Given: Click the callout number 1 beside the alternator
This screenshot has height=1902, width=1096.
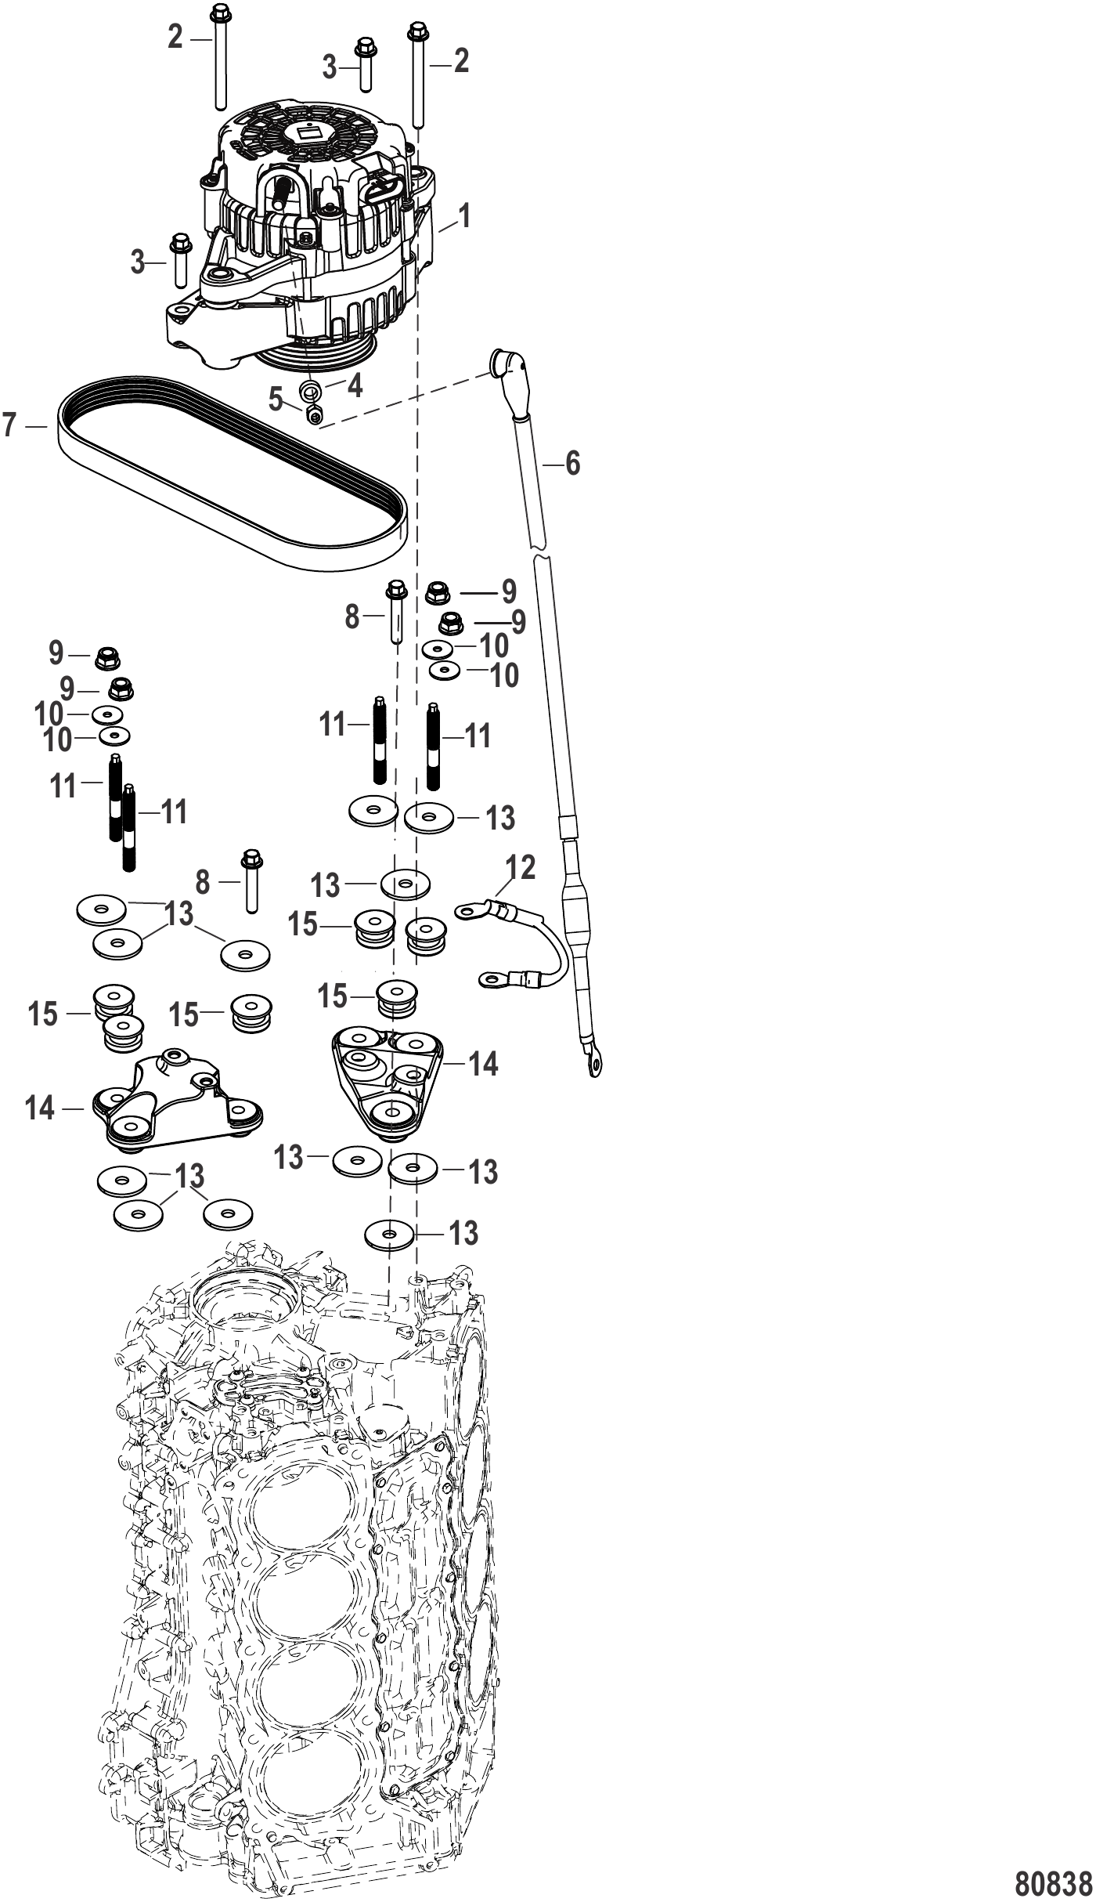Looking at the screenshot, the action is [x=464, y=215].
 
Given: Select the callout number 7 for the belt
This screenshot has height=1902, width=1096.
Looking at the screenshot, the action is [x=9, y=425].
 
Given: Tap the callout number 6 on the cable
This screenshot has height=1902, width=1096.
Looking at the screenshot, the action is [x=573, y=464].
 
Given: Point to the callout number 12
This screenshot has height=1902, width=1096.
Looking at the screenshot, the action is [x=521, y=868].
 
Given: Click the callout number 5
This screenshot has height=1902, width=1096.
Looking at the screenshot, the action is [x=276, y=400].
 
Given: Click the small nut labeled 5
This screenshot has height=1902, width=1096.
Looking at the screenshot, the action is [x=315, y=414].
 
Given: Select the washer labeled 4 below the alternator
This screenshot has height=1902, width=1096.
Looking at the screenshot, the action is [x=311, y=390].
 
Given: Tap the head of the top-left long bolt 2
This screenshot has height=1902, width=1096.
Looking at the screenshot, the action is [x=218, y=13].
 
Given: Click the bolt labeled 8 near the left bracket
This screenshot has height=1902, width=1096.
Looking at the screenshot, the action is [x=251, y=880].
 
